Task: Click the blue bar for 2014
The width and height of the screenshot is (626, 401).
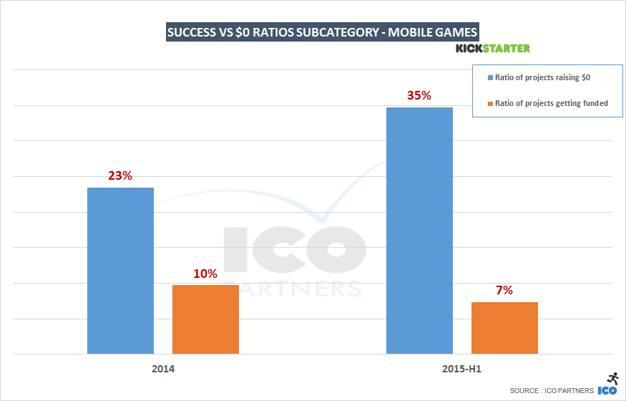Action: (120, 270)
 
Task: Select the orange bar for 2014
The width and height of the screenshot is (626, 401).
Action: (205, 319)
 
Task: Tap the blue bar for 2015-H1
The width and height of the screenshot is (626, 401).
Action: (419, 230)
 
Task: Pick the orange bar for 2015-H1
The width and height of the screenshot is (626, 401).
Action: (504, 327)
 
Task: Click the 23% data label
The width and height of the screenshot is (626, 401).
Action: (120, 175)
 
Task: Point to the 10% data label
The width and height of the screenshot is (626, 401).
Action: (205, 274)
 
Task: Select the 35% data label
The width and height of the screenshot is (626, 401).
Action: (419, 95)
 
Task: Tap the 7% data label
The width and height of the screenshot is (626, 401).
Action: (504, 291)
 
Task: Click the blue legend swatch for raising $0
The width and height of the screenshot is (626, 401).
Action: (489, 77)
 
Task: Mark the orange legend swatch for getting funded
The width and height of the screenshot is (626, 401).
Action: (489, 103)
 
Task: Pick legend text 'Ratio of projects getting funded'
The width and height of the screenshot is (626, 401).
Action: (551, 103)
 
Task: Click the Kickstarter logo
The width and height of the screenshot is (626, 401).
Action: (492, 49)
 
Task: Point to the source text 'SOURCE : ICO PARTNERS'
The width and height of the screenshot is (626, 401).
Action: (552, 390)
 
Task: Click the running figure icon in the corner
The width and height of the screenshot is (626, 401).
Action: (612, 379)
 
